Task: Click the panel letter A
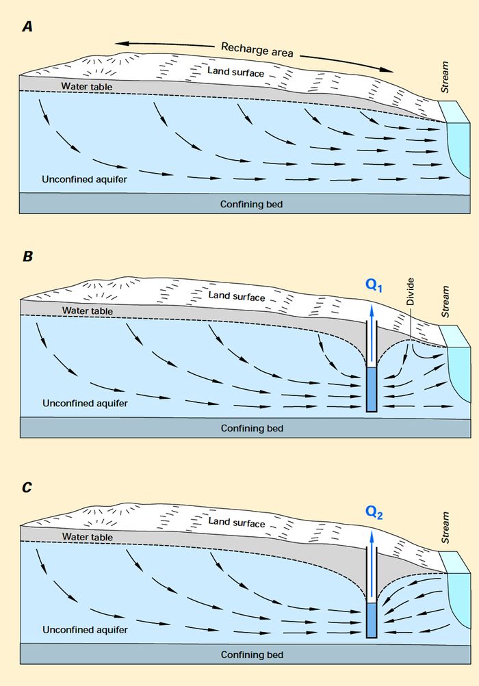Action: [x=27, y=27]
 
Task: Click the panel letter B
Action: [x=27, y=257]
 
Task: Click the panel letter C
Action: [x=27, y=488]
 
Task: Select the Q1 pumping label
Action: [x=374, y=287]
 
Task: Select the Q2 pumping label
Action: [x=374, y=512]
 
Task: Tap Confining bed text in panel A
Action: [x=251, y=204]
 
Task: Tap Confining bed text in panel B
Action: [x=251, y=428]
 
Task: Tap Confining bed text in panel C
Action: [x=251, y=655]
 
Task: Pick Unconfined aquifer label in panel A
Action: [x=85, y=179]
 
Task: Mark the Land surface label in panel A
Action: [x=236, y=72]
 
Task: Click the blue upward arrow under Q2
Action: [x=372, y=561]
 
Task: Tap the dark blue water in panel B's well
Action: [x=372, y=390]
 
